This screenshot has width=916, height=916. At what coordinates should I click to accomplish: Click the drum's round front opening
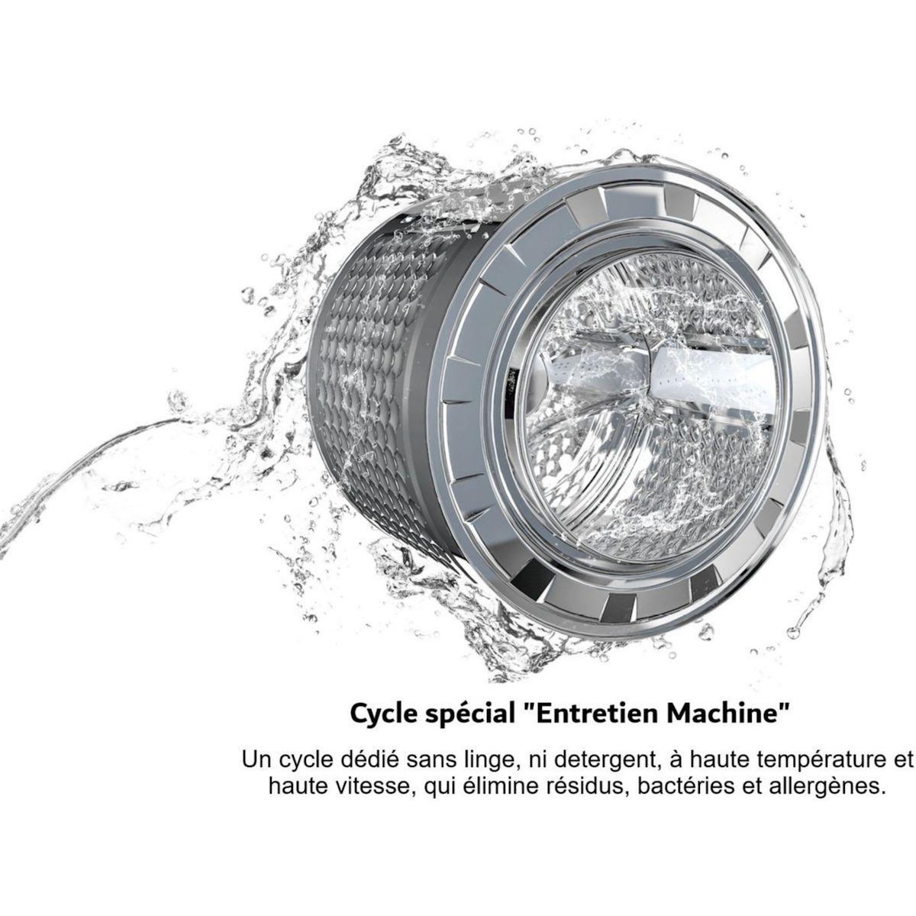[x=649, y=405]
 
